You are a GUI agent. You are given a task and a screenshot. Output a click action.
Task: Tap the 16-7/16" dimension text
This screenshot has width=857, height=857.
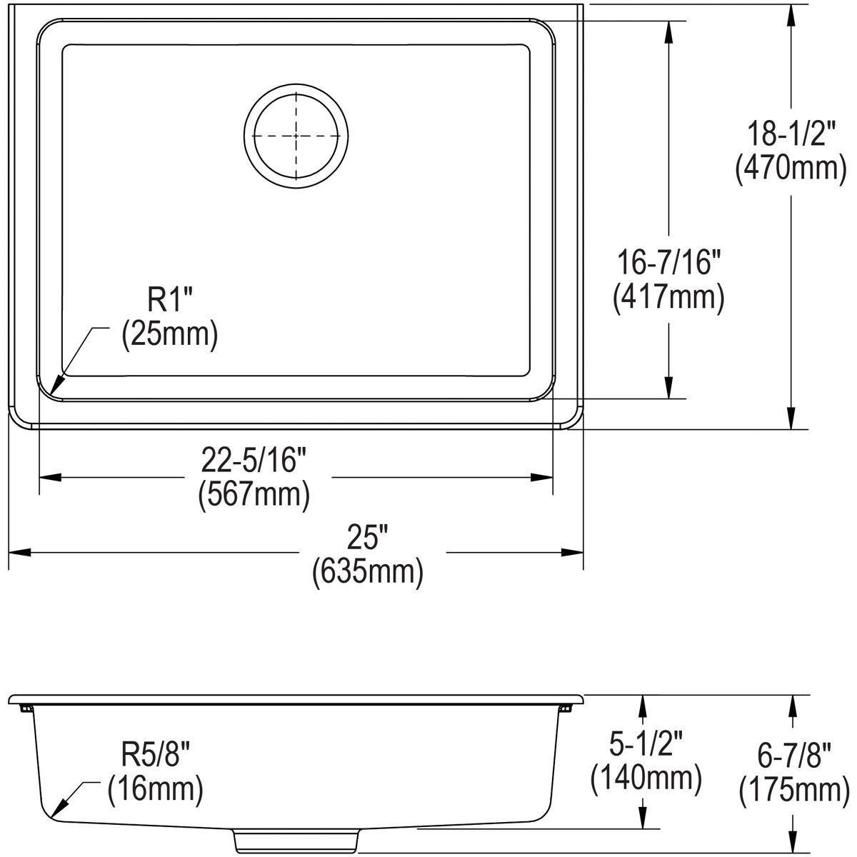click(668, 264)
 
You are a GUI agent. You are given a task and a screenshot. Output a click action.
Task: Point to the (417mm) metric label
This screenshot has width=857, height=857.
click(668, 297)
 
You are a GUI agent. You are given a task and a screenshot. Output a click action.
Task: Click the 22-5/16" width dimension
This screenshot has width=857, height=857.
click(254, 461)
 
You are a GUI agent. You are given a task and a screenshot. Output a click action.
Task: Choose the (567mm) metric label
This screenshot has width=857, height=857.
click(254, 494)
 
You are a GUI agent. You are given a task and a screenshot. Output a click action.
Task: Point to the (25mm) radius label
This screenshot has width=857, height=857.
click(169, 334)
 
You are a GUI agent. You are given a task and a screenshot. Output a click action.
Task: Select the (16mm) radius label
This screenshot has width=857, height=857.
click(155, 789)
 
